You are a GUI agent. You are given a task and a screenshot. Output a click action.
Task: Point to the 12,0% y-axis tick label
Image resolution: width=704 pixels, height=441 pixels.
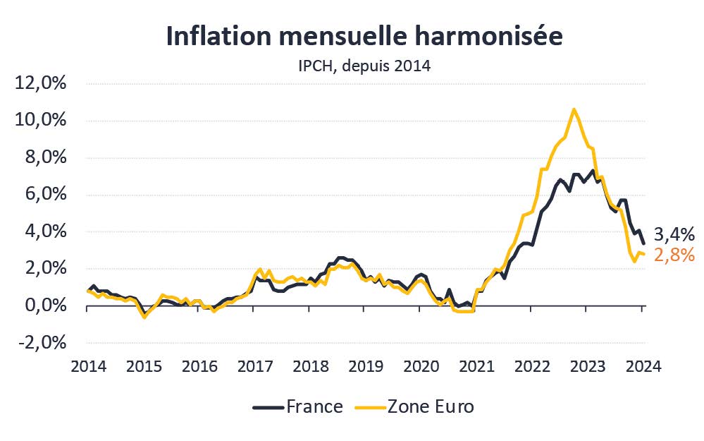point(40,84)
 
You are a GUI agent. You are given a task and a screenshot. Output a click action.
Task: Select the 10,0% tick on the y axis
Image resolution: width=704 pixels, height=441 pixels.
point(40,121)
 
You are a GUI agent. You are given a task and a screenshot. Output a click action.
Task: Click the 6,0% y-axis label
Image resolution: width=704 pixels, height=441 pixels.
point(44,195)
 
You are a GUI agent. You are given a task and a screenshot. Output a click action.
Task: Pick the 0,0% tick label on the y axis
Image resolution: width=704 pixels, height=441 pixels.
point(44,306)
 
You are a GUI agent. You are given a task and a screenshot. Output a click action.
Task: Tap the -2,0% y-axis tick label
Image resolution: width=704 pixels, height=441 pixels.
point(42,342)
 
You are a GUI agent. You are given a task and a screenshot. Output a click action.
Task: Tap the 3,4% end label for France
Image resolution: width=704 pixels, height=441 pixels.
point(674,234)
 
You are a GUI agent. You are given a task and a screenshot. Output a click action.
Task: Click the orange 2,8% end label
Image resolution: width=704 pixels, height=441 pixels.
point(674,255)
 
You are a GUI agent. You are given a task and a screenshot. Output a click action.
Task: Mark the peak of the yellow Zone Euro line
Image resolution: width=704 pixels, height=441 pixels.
point(574,109)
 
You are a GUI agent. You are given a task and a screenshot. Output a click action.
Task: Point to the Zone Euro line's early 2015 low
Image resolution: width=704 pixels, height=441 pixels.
point(144,317)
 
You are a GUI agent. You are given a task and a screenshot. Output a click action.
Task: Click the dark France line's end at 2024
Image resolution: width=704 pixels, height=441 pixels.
point(643,243)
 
